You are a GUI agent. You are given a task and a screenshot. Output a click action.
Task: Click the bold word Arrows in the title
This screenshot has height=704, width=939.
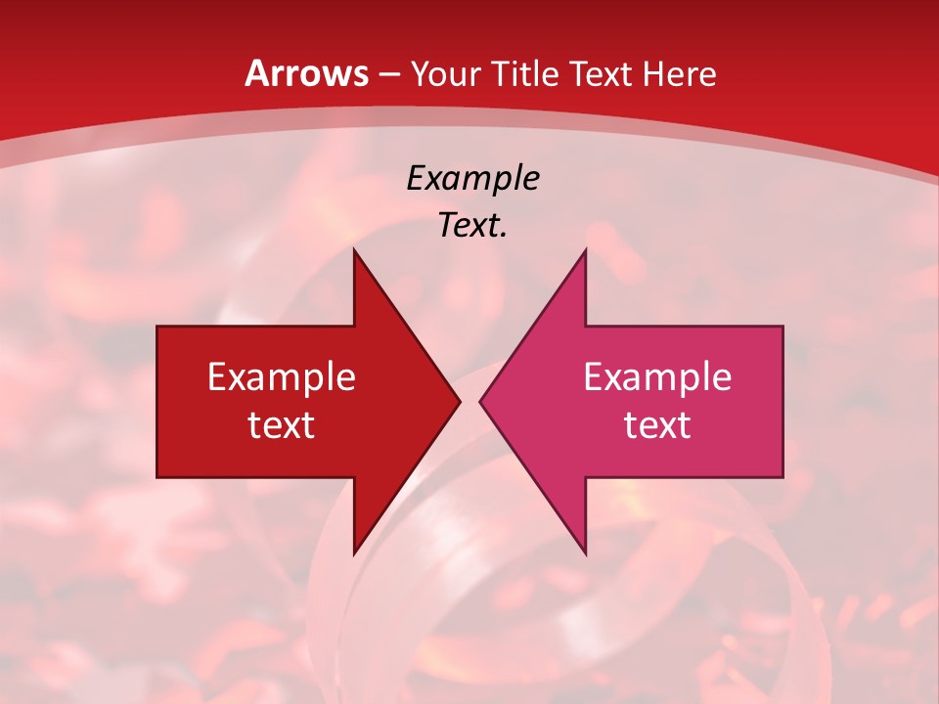pos(307,73)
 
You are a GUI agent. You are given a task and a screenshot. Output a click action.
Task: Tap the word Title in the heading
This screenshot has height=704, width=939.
pos(527,73)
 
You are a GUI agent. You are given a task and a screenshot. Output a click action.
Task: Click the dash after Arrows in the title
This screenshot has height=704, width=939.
pos(389,74)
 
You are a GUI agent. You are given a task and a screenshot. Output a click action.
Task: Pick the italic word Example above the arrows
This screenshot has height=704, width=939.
pos(472,179)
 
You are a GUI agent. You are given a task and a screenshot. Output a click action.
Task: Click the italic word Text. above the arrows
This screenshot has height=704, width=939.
pos(472,226)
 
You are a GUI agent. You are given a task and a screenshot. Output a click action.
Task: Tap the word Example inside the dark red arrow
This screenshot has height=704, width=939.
pos(282,377)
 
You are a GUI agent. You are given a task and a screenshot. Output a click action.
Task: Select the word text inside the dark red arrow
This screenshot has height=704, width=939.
pos(282,425)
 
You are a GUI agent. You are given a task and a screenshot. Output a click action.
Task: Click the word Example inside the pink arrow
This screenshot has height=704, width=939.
pos(657,377)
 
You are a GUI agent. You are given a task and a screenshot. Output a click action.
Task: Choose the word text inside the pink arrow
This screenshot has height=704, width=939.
pos(657,425)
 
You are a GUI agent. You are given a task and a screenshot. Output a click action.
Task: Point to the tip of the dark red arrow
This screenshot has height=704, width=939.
pos(460,401)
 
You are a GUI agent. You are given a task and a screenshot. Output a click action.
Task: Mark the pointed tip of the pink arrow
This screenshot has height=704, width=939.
pos(479,401)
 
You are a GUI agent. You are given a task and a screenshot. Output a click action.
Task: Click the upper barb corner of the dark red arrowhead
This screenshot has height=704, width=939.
pos(354,249)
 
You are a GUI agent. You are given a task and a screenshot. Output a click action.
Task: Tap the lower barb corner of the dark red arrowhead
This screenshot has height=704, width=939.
pos(354,553)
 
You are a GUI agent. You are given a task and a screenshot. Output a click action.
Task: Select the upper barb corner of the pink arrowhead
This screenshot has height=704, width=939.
pos(585,249)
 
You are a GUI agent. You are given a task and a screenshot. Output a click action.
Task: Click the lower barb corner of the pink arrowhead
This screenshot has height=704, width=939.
pos(585,553)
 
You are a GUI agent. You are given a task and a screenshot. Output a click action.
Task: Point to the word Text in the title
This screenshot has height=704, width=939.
pos(601,73)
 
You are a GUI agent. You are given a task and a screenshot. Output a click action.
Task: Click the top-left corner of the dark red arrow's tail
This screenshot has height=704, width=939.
pos(157,327)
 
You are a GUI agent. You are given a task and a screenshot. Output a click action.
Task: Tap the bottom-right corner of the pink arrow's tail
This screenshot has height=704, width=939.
pos(782,477)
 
